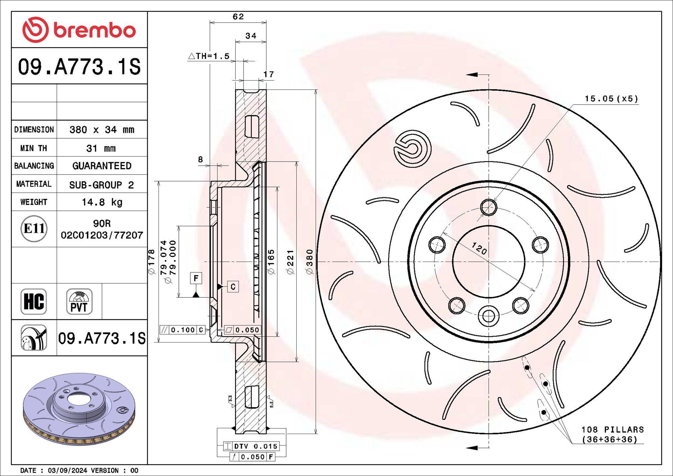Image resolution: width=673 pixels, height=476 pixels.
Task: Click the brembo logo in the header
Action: (79, 30)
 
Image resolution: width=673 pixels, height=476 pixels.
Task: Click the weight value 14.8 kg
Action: (102, 202)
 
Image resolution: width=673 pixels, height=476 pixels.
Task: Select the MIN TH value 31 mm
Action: (101, 148)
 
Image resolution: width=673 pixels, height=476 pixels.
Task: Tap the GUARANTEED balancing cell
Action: (102, 166)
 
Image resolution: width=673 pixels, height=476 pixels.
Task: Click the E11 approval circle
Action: (34, 229)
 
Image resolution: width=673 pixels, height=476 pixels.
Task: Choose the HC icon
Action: (34, 302)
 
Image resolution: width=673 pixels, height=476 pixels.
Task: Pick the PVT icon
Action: (79, 302)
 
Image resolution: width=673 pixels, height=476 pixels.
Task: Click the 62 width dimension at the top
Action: (238, 17)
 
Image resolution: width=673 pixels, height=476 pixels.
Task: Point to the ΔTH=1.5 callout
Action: (209, 56)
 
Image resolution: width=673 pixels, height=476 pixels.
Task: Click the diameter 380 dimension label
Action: (310, 262)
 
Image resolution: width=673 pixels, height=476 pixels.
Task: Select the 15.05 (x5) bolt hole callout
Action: (611, 99)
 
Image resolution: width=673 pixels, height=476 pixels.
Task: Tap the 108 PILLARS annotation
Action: (612, 434)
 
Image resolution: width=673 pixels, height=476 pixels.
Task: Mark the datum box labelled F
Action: (196, 278)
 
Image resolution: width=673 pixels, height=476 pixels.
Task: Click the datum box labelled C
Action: (233, 287)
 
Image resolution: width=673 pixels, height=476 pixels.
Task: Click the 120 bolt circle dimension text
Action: (479, 248)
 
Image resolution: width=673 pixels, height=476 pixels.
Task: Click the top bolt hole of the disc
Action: (488, 207)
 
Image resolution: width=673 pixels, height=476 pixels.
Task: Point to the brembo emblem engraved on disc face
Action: (412, 148)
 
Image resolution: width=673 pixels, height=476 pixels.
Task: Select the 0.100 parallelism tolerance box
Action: (182, 330)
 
